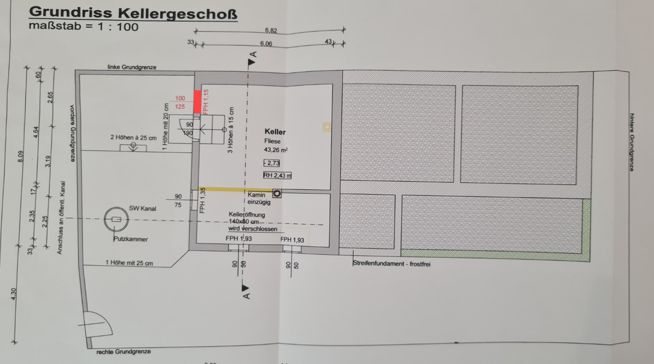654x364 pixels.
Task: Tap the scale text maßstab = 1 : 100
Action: (84, 27)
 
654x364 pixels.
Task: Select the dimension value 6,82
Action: (271, 30)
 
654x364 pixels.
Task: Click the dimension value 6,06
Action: (266, 44)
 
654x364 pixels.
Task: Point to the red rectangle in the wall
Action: (197, 102)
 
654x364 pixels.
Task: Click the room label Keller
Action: (275, 132)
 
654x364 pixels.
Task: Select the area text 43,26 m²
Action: (276, 150)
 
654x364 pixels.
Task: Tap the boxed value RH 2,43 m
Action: (277, 175)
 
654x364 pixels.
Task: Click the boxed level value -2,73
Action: (272, 163)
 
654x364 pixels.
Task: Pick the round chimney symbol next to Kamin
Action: (277, 193)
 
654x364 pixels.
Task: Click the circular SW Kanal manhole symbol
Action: (116, 219)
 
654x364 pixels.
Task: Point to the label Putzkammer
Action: (131, 239)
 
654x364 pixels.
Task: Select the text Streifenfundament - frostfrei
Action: (391, 263)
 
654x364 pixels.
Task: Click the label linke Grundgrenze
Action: (132, 67)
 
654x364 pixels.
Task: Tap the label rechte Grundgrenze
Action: (123, 351)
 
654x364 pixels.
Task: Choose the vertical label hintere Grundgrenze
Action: (632, 142)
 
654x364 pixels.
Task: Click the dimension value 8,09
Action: (20, 156)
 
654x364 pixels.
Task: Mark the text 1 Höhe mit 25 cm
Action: (129, 263)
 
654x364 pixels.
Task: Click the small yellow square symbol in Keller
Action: (327, 127)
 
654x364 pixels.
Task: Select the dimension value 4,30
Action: (14, 294)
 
